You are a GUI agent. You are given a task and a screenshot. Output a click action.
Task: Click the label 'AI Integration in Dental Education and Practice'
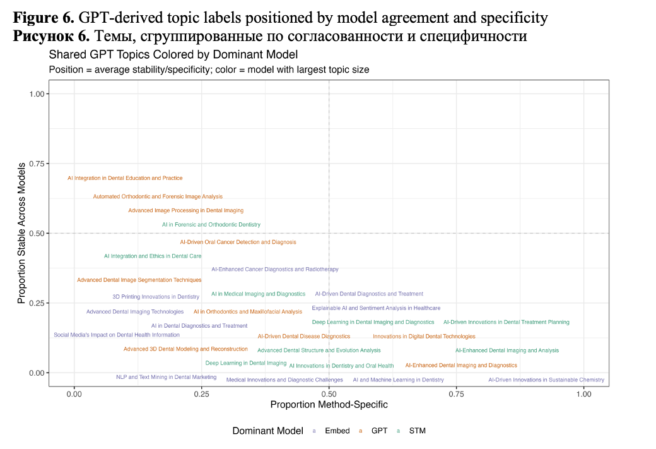[x=125, y=179]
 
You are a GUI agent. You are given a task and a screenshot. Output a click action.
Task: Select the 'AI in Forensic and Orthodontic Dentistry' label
[x=211, y=225]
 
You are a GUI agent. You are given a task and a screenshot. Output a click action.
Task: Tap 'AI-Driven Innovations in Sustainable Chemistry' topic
[x=546, y=380]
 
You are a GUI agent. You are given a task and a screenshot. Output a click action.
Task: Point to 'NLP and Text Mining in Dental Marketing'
[x=166, y=378]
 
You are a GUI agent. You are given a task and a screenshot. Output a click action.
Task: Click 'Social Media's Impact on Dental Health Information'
[x=117, y=335]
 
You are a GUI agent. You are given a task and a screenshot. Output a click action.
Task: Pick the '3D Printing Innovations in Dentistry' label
[x=156, y=297]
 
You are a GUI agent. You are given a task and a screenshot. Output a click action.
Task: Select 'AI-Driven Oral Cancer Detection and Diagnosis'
[x=238, y=242]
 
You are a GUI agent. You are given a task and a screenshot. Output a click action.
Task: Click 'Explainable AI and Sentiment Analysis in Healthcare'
[x=376, y=308]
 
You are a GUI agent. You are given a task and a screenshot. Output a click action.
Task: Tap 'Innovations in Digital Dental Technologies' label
[x=424, y=337]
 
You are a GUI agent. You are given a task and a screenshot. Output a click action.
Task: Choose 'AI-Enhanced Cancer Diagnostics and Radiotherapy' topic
[x=275, y=270]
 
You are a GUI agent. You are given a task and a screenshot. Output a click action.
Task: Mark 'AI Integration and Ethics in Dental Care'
[x=153, y=256]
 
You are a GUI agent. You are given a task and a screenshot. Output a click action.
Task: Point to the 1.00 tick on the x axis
[x=583, y=394]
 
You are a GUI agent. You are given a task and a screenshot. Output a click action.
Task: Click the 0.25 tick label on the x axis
[x=201, y=394]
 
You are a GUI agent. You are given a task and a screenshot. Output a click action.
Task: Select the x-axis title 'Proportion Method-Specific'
[x=329, y=405]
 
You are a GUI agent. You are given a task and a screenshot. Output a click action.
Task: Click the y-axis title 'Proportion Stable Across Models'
[x=21, y=233]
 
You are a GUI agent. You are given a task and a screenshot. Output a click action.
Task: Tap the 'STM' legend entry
[x=417, y=431]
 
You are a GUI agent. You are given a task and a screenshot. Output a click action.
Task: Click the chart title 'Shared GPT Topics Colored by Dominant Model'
[x=173, y=55]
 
